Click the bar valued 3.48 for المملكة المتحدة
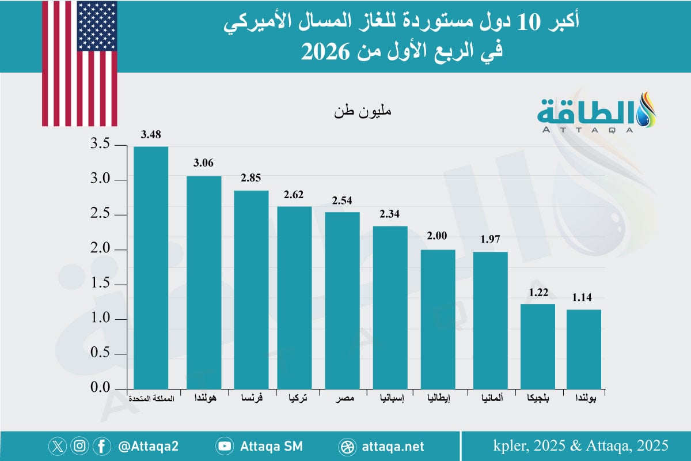click(x=151, y=267)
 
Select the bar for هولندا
click(x=204, y=282)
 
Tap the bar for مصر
click(x=342, y=300)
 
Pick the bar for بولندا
click(x=584, y=349)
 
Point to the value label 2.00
click(x=438, y=237)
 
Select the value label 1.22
click(x=538, y=292)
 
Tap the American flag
click(x=79, y=63)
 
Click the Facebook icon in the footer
click(x=102, y=446)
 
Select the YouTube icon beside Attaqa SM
click(x=225, y=446)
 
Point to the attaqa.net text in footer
click(x=394, y=446)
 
